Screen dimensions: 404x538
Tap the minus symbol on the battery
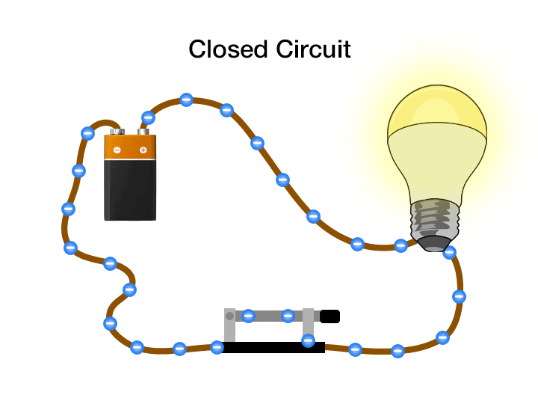[x=117, y=150]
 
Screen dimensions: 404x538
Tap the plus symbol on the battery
[x=143, y=150]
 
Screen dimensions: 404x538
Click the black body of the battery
[x=130, y=190]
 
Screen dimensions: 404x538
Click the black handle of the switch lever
[x=330, y=316]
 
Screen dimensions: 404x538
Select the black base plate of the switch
[x=273, y=347]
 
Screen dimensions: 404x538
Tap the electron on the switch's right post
[x=308, y=340]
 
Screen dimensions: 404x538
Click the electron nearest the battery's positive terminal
[x=148, y=117]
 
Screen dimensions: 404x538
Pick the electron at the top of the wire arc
[x=187, y=100]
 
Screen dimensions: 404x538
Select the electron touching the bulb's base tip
[x=449, y=252]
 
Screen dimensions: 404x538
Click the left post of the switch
[x=230, y=329]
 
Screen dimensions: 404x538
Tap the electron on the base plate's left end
[x=217, y=346]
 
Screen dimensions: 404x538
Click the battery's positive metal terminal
[x=141, y=132]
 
